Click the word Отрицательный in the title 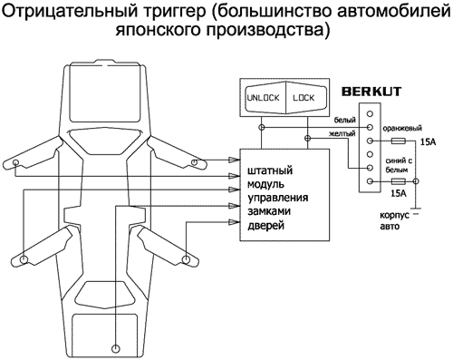pos(64,12)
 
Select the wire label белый pos(344,119)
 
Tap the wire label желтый pos(342,135)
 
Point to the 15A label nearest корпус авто pos(398,193)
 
